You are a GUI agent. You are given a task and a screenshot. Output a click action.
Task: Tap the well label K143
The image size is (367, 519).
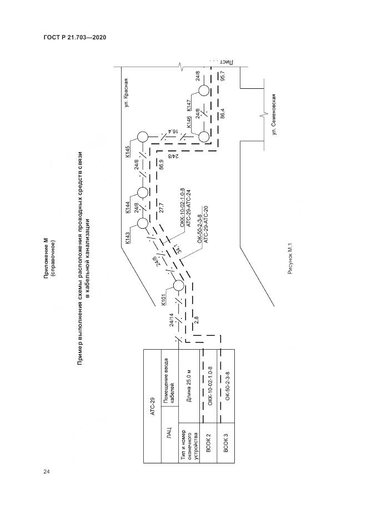pyautogui.click(x=128, y=236)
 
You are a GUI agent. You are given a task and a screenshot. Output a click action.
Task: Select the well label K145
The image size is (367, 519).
pyautogui.click(x=128, y=151)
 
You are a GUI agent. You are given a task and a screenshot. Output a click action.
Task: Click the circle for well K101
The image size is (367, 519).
pyautogui.click(x=178, y=286)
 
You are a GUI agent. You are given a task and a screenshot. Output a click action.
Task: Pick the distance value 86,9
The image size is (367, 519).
pyautogui.click(x=162, y=165)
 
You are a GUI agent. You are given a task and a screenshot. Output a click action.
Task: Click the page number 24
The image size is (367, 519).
pyautogui.click(x=47, y=471)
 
